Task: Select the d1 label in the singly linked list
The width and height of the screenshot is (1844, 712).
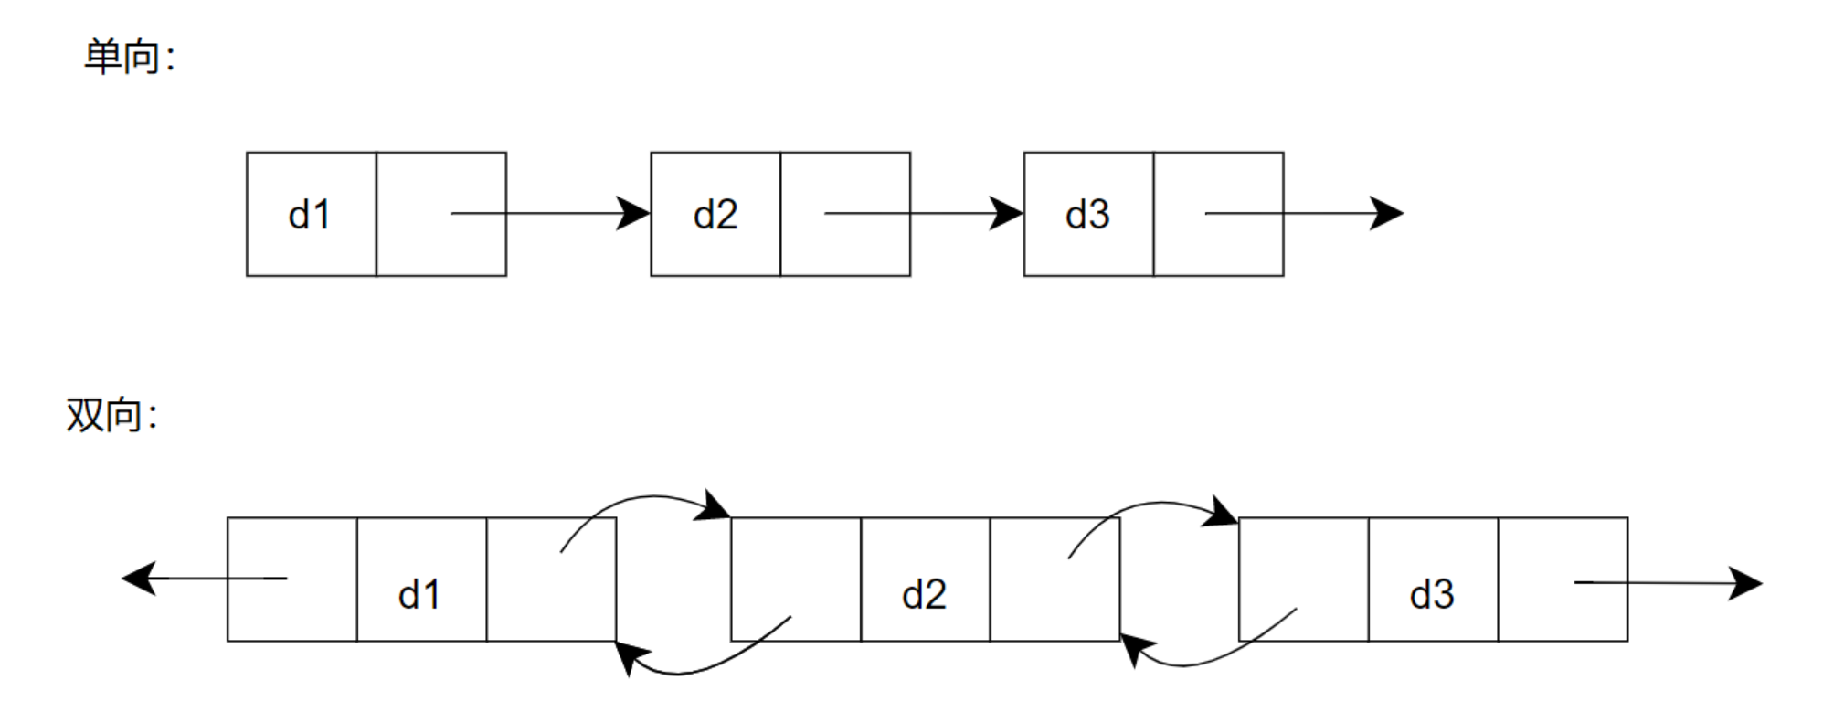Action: (x=309, y=215)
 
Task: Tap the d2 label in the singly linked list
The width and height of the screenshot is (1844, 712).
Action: (x=715, y=215)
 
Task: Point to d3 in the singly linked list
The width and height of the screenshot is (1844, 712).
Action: (x=1086, y=215)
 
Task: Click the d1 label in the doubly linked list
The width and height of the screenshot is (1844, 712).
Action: (x=419, y=595)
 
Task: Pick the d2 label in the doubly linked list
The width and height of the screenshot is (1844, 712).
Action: (x=924, y=595)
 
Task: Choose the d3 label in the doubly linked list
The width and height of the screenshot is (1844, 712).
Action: (x=1431, y=595)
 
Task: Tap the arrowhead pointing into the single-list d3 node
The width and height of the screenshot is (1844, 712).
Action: (x=1007, y=214)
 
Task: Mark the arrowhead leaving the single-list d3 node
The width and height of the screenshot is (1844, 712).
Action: (x=1386, y=214)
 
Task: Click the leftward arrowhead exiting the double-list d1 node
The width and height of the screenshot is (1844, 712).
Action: (x=140, y=579)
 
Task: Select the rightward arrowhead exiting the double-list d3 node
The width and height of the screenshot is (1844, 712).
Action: (x=1744, y=582)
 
